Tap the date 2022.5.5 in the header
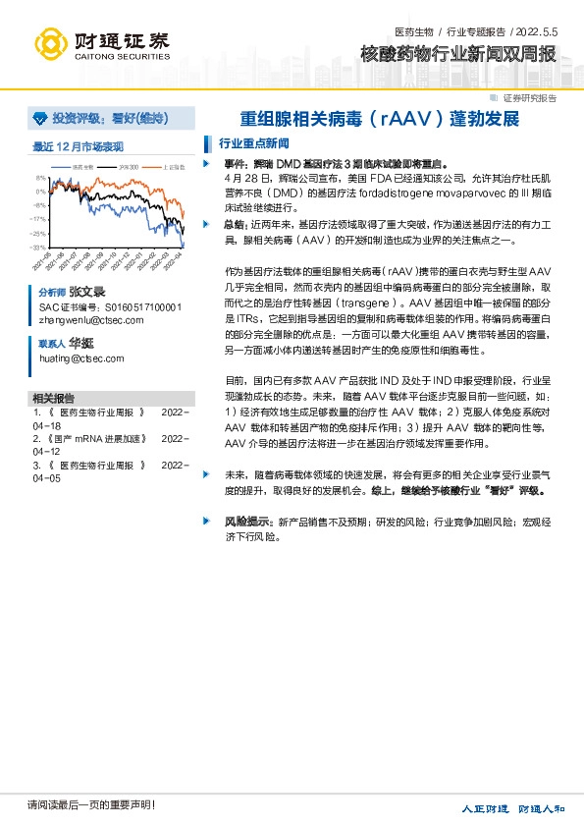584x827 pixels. pos(534,31)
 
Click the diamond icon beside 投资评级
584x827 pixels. pos(40,119)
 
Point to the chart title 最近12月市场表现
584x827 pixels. pos(78,147)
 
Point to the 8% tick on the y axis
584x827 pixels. pos(40,178)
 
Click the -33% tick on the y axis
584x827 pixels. pos(38,248)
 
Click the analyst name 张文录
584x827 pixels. pos(86,293)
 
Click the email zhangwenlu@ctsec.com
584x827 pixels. pos(90,319)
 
